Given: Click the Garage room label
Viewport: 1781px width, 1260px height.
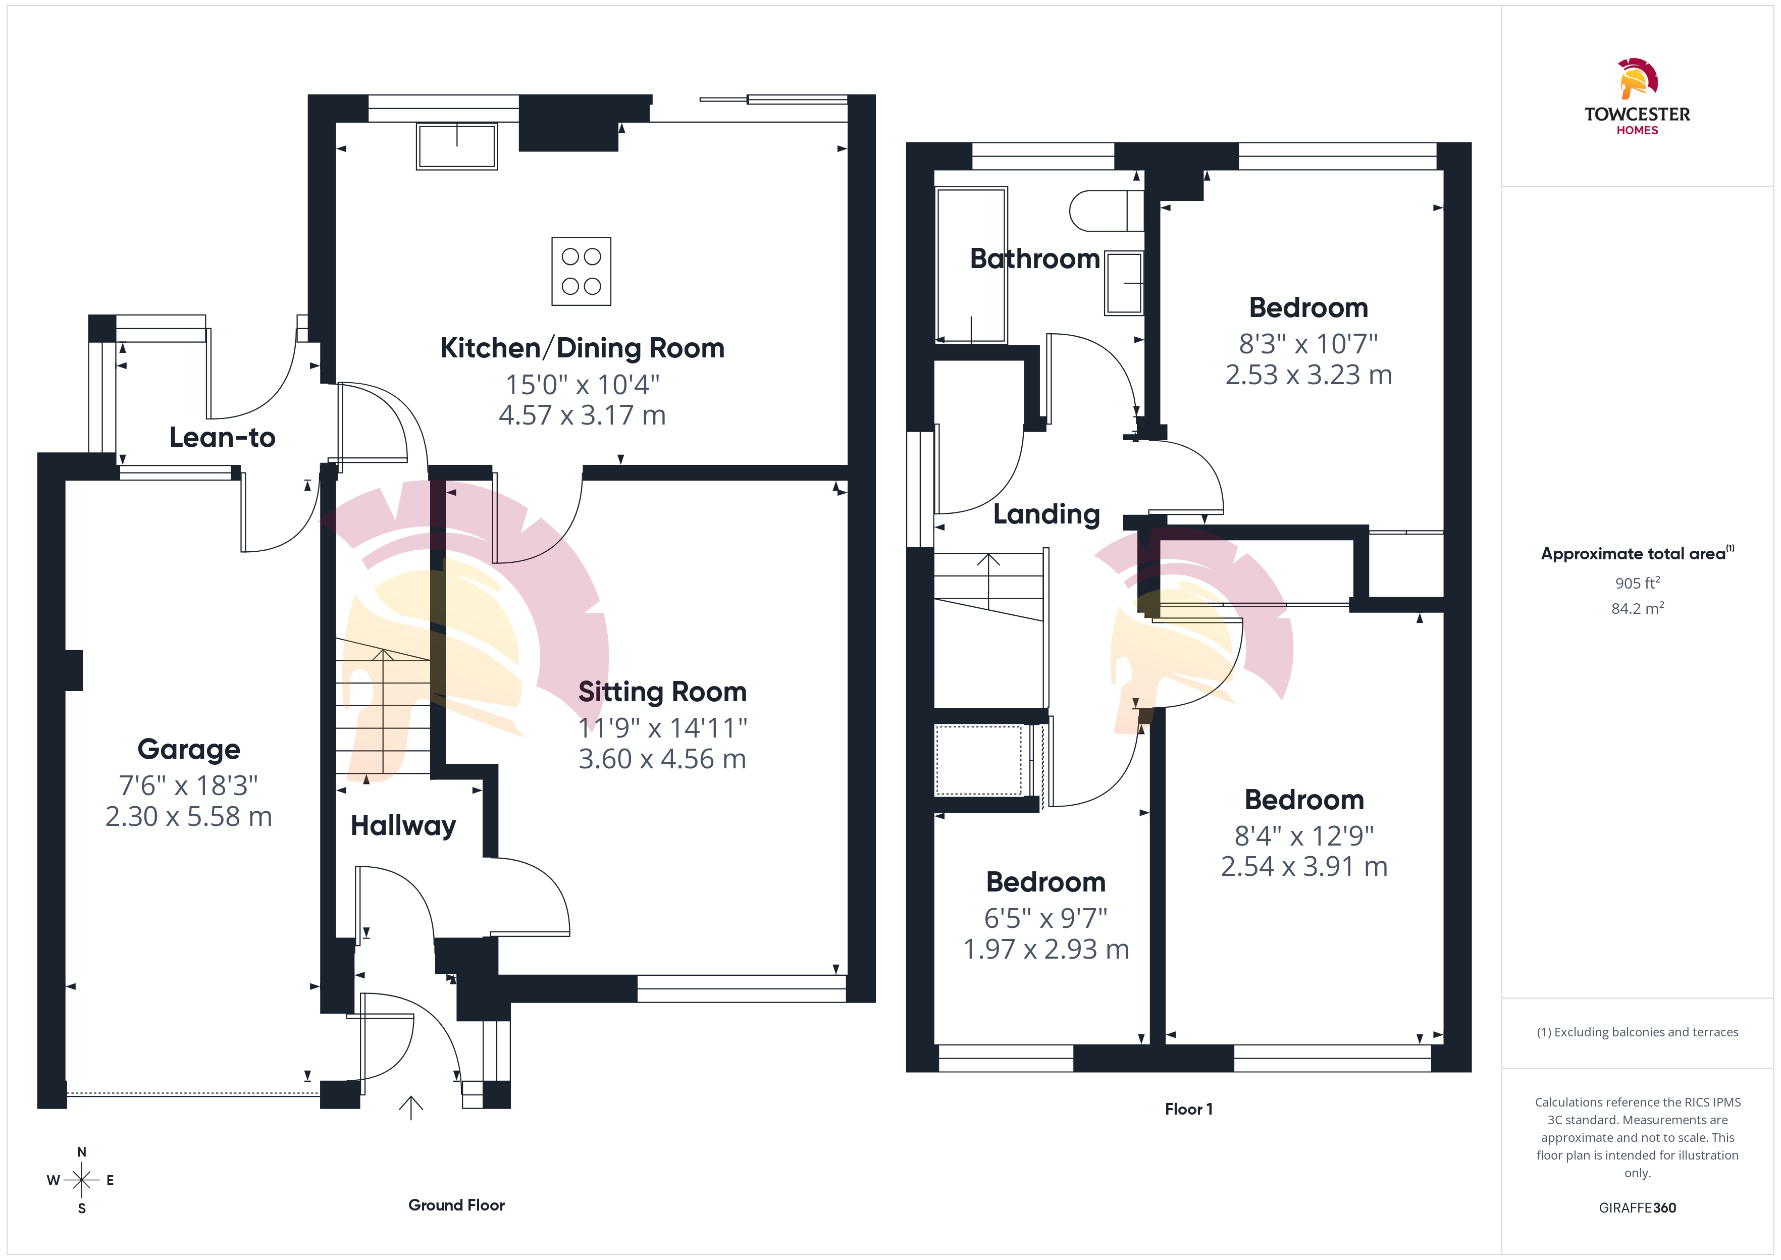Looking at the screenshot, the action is [188, 750].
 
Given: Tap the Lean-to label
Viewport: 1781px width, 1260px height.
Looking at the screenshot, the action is [223, 438].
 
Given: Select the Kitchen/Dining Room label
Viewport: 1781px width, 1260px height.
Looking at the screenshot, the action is [583, 348].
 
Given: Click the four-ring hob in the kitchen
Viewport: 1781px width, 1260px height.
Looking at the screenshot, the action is [582, 272].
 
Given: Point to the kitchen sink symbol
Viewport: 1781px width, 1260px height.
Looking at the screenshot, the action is [457, 146].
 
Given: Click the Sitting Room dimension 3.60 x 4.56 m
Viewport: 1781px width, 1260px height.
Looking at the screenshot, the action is [662, 759].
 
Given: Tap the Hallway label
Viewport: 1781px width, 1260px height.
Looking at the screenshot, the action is [403, 825].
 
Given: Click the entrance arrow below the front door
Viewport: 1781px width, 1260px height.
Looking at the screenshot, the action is [410, 1107].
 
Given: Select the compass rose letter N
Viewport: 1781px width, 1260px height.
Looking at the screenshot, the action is [81, 1152].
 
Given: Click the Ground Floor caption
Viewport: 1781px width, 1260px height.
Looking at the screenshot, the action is [457, 1205].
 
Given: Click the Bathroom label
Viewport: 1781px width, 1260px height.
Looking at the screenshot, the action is [1035, 258].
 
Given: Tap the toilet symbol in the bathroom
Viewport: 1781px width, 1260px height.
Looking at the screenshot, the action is [1106, 211].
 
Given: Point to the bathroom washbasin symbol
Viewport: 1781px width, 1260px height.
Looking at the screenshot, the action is [1124, 282].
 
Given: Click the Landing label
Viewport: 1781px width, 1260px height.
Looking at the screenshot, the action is [1046, 514].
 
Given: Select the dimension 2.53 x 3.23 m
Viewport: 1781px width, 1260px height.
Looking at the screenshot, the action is [1308, 375].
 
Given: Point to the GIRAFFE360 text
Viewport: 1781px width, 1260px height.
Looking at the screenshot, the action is [1638, 1208].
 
